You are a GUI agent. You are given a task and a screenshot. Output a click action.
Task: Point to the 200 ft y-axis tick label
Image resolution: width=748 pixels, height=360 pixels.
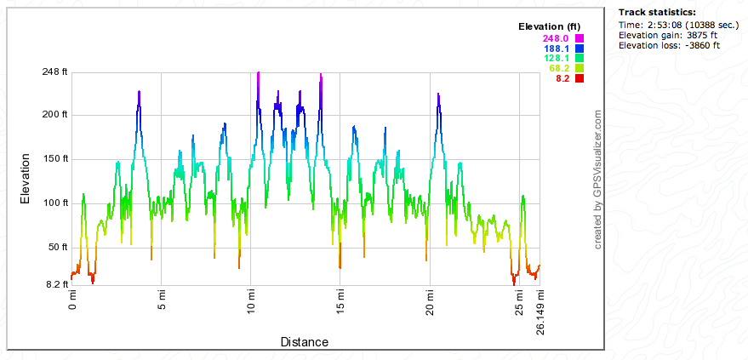tap(54, 114)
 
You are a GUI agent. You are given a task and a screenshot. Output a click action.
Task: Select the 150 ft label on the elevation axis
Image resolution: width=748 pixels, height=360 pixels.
tap(54, 158)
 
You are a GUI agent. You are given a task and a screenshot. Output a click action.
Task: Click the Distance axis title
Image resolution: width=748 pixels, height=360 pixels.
tap(304, 342)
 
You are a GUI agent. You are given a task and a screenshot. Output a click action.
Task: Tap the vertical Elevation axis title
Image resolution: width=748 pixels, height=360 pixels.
tap(26, 178)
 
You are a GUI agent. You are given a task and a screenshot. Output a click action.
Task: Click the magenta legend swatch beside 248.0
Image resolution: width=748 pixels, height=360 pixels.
tap(579, 38)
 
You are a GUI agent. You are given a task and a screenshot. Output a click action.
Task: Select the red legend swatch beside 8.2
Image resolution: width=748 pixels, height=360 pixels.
tap(579, 78)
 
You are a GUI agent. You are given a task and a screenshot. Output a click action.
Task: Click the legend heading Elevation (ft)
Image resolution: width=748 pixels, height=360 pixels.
tap(550, 27)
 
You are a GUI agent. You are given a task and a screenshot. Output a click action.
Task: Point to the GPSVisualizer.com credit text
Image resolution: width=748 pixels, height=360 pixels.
tap(598, 179)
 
